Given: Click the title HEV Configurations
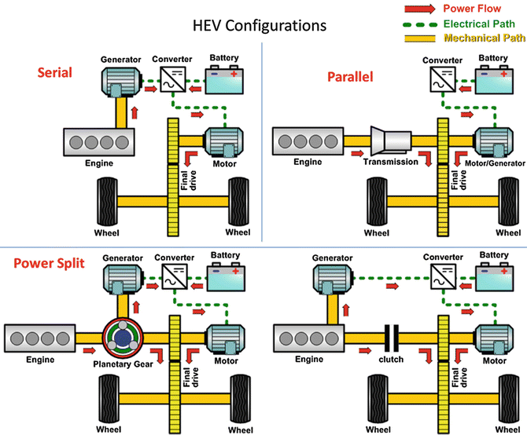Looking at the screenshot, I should coord(260,25).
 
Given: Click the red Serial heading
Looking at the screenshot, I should coord(55,72).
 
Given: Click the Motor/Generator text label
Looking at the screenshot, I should coord(490,163).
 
